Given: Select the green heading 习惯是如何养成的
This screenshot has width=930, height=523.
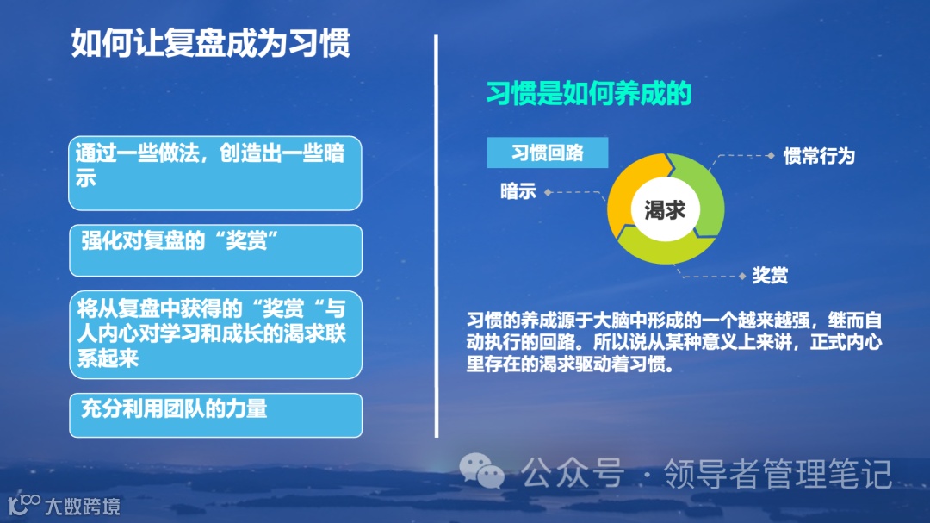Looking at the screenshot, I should (589, 93).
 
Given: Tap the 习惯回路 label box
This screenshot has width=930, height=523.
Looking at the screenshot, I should (548, 153).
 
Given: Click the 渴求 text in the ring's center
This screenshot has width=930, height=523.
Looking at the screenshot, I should (665, 209).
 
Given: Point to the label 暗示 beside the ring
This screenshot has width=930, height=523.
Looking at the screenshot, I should (518, 191).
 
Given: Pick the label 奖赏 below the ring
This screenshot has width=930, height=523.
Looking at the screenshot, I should (770, 276).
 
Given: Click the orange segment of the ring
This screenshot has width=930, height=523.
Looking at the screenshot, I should (626, 194).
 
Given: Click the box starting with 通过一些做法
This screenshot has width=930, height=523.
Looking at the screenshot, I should (215, 172).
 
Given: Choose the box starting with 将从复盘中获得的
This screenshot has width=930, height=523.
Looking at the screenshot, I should (215, 335).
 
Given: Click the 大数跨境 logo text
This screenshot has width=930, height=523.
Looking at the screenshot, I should (82, 506).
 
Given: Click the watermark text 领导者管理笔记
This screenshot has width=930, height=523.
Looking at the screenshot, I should (777, 473).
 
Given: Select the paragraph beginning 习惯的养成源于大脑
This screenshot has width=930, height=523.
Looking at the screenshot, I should (673, 342).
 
